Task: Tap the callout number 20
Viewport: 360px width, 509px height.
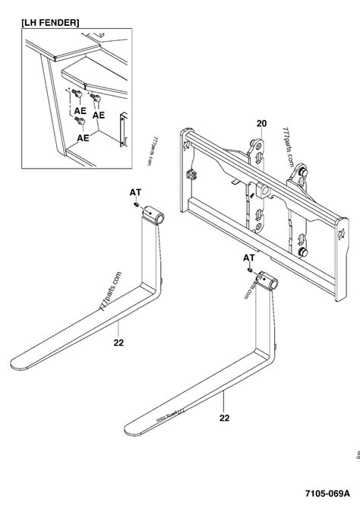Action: coord(261,123)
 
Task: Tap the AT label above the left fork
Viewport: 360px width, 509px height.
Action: coord(135,194)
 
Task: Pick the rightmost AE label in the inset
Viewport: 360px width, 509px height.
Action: coord(99,115)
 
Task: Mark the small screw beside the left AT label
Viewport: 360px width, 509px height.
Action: coord(134,204)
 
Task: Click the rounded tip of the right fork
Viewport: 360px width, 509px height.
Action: coord(131,420)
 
